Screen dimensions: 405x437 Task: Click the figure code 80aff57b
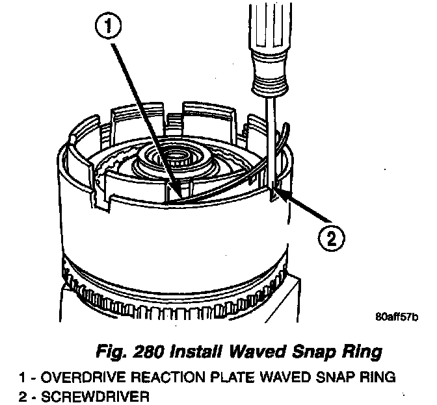tap(397, 318)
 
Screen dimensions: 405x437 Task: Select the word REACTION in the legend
tap(152, 376)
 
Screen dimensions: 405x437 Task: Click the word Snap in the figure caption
tap(315, 353)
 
